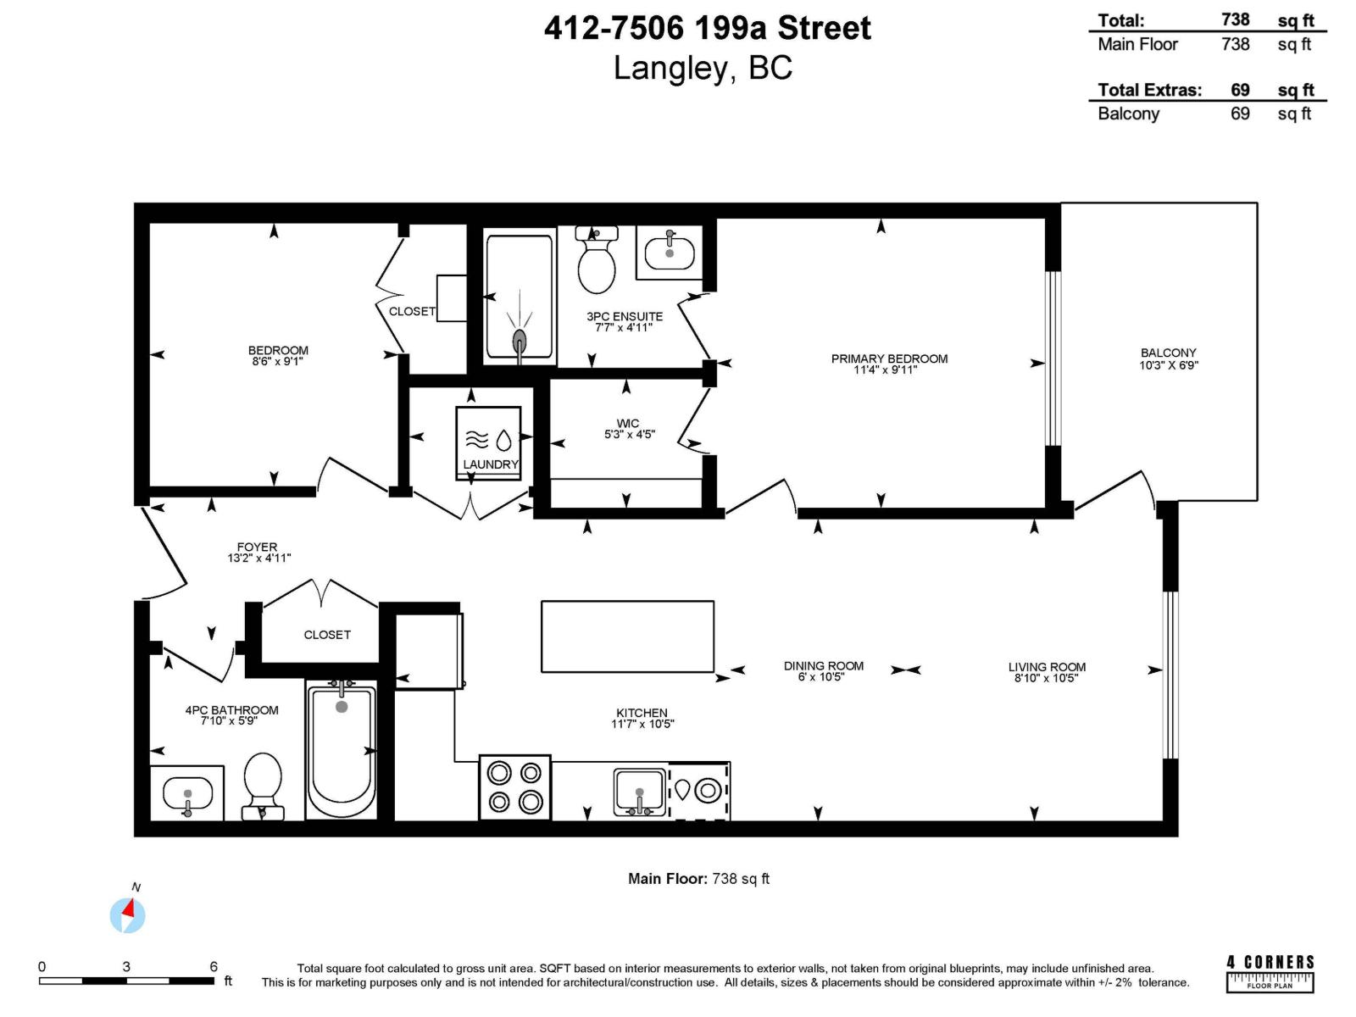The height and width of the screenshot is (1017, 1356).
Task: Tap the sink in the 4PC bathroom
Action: (x=187, y=795)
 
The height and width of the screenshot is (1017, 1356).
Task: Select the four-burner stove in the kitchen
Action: (x=514, y=787)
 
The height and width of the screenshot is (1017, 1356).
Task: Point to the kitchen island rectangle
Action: (x=627, y=636)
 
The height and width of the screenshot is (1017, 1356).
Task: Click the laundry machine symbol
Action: (x=489, y=440)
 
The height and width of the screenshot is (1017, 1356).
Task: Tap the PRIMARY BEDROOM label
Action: (x=889, y=358)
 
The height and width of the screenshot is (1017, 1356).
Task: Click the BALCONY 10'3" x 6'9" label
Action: (x=1168, y=358)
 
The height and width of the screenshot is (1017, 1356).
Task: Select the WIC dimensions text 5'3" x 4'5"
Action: (x=629, y=435)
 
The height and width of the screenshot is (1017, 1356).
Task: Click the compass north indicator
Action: (x=128, y=914)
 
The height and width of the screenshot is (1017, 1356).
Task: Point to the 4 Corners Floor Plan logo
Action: (x=1270, y=973)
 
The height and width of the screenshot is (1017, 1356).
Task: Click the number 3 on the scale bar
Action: (x=126, y=966)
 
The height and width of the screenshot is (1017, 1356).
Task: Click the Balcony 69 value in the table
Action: (x=1239, y=114)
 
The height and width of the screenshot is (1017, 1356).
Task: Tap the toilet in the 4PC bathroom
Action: (x=263, y=785)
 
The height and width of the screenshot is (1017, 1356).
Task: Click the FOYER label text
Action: (x=257, y=547)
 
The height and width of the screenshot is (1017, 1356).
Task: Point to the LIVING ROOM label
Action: (x=1047, y=667)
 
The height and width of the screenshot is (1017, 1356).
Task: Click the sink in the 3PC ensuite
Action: (x=670, y=252)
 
